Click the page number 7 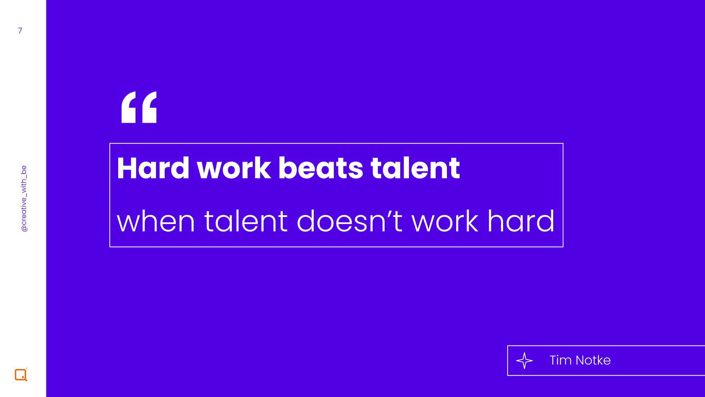point(20,31)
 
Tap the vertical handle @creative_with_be point(24,199)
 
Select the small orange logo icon point(21,374)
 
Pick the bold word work point(234,168)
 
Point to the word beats point(321,168)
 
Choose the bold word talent point(415,168)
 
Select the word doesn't point(350,221)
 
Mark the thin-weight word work point(445,221)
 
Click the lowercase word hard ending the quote point(521,221)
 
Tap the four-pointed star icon point(525,361)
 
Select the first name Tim point(560,360)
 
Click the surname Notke point(593,360)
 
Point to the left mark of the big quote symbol point(129,107)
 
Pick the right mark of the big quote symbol point(149,107)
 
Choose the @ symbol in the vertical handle point(24,229)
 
